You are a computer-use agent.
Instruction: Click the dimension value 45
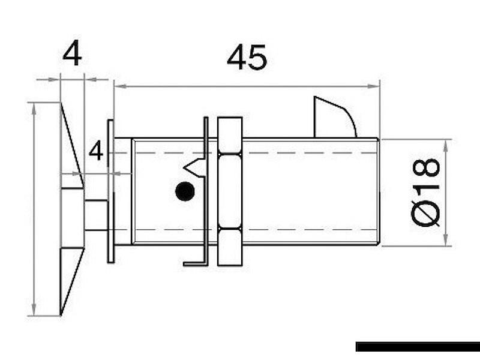click(x=247, y=58)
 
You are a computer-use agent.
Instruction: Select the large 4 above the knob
click(x=73, y=55)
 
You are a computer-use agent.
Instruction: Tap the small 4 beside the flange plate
click(x=96, y=151)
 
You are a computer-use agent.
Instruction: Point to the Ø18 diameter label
click(x=426, y=192)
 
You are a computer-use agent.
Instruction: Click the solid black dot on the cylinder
click(x=184, y=192)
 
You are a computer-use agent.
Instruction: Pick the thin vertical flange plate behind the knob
click(x=110, y=191)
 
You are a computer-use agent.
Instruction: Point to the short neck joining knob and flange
click(x=96, y=215)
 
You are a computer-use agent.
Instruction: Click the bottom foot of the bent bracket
click(x=194, y=262)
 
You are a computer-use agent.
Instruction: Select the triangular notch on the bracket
click(x=196, y=166)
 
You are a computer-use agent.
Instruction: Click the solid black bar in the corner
click(x=417, y=346)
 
